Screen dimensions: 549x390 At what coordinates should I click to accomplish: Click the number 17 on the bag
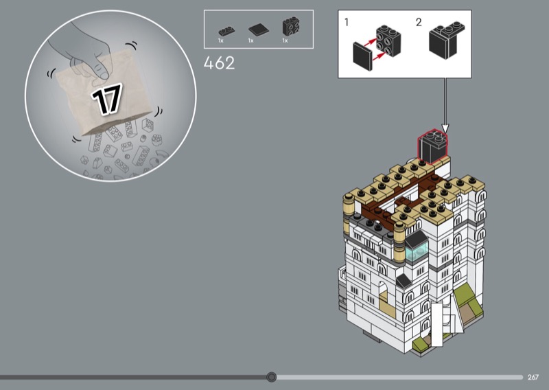coord(107,99)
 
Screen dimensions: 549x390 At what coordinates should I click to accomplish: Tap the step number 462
coord(219,63)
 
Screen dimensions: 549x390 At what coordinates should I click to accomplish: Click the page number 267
coord(533,377)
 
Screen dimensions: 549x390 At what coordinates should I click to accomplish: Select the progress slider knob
coord(271,377)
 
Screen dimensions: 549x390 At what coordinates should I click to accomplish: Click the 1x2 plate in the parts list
coord(226,31)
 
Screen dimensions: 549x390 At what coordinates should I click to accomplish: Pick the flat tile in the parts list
coord(259,30)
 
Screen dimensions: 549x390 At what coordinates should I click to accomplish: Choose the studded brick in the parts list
coord(291,27)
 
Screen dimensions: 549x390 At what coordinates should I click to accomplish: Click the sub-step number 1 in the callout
coord(347,23)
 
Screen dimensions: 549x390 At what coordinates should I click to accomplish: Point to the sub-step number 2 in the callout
coord(419,23)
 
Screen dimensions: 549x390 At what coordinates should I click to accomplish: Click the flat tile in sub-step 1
coord(363,56)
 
